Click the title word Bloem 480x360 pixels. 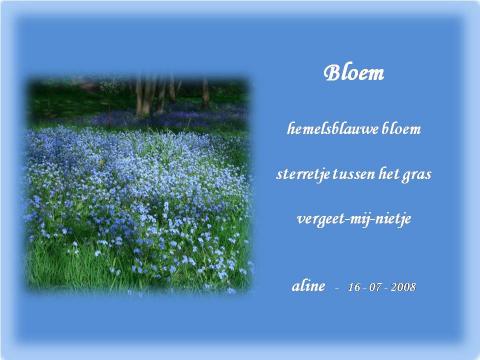pyautogui.click(x=354, y=74)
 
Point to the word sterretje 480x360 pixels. pyautogui.click(x=302, y=173)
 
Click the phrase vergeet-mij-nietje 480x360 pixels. pyautogui.click(x=354, y=218)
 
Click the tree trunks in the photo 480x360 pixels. pyautogui.click(x=150, y=95)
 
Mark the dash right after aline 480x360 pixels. pyautogui.click(x=338, y=288)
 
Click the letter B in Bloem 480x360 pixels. pyautogui.click(x=331, y=74)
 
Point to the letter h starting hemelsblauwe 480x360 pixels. pyautogui.click(x=291, y=129)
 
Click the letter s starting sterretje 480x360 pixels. pyautogui.click(x=279, y=174)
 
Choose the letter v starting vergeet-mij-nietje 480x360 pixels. pyautogui.click(x=301, y=219)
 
